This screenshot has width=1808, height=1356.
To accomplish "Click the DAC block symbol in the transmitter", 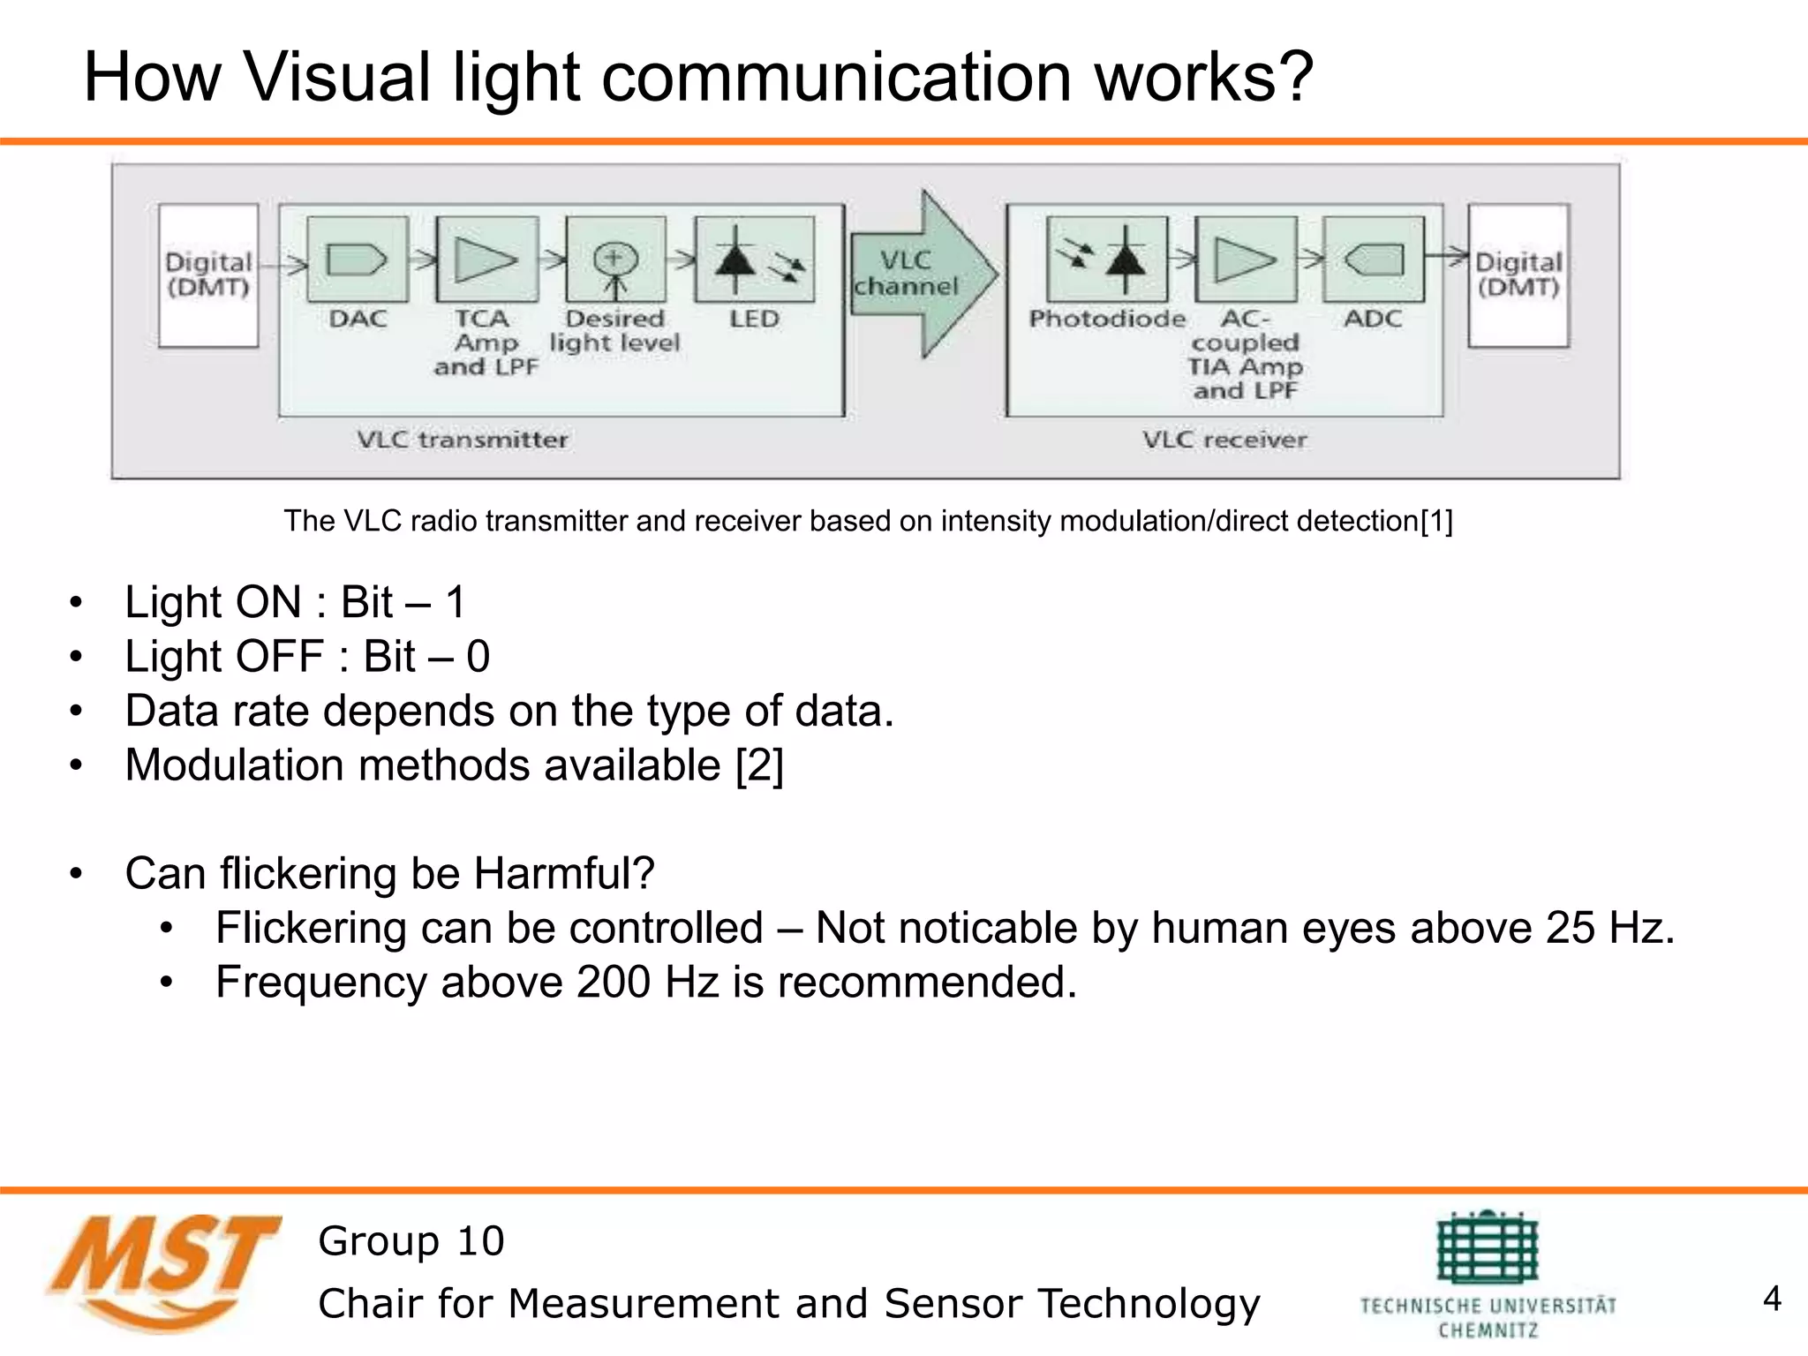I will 358,260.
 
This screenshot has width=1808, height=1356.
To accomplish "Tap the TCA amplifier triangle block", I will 487,260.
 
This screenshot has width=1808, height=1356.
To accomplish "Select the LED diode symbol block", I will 755,260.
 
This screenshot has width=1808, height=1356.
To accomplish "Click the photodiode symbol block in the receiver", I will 1106,260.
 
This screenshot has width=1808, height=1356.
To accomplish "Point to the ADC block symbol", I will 1374,260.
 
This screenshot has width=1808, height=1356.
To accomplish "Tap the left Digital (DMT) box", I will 208,275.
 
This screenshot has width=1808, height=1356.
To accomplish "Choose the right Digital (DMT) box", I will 1518,275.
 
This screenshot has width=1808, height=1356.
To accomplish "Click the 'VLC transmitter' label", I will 463,440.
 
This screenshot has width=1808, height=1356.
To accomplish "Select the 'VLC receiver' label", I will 1224,440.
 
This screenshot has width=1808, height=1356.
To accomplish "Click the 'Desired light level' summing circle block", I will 615,260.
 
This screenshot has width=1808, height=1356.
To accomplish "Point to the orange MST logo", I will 163,1271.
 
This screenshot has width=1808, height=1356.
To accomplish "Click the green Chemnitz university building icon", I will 1488,1248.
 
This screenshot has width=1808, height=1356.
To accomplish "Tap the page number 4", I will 1771,1299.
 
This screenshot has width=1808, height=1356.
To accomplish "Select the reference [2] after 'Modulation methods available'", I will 759,765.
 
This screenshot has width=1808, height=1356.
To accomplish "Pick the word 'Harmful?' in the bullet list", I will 564,873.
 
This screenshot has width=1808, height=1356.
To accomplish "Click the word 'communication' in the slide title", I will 837,77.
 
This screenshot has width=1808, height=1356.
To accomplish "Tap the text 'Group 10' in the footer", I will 411,1241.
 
